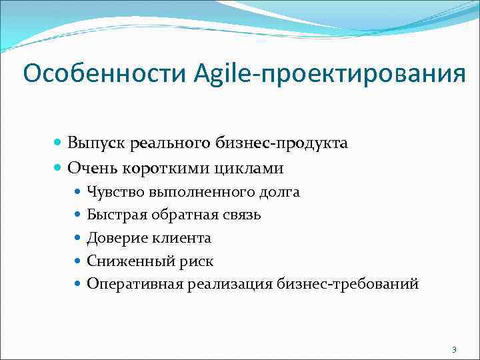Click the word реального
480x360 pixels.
pos(170,143)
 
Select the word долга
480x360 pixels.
pos(279,193)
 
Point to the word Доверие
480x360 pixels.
pos(111,238)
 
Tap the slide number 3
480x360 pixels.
pos(454,349)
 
